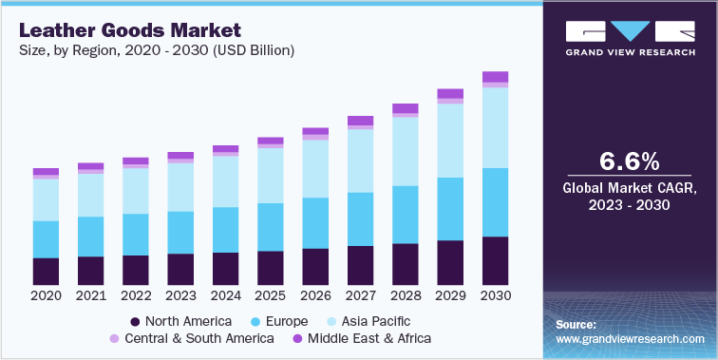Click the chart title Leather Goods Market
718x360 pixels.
click(127, 30)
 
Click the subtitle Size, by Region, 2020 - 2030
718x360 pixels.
click(156, 50)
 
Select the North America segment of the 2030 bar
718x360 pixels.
click(495, 261)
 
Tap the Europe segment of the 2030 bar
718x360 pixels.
click(495, 202)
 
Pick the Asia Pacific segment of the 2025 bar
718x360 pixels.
click(270, 176)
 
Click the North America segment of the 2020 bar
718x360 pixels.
click(46, 272)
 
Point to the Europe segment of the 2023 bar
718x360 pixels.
click(180, 233)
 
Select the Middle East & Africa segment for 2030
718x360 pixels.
click(495, 77)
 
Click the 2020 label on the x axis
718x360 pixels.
click(46, 296)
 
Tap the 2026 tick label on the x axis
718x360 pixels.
click(314, 296)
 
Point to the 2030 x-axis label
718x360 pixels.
click(495, 296)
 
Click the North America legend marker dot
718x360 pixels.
click(136, 321)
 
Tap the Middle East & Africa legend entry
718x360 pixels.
click(361, 338)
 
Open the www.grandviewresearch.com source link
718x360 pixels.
click(631, 338)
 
